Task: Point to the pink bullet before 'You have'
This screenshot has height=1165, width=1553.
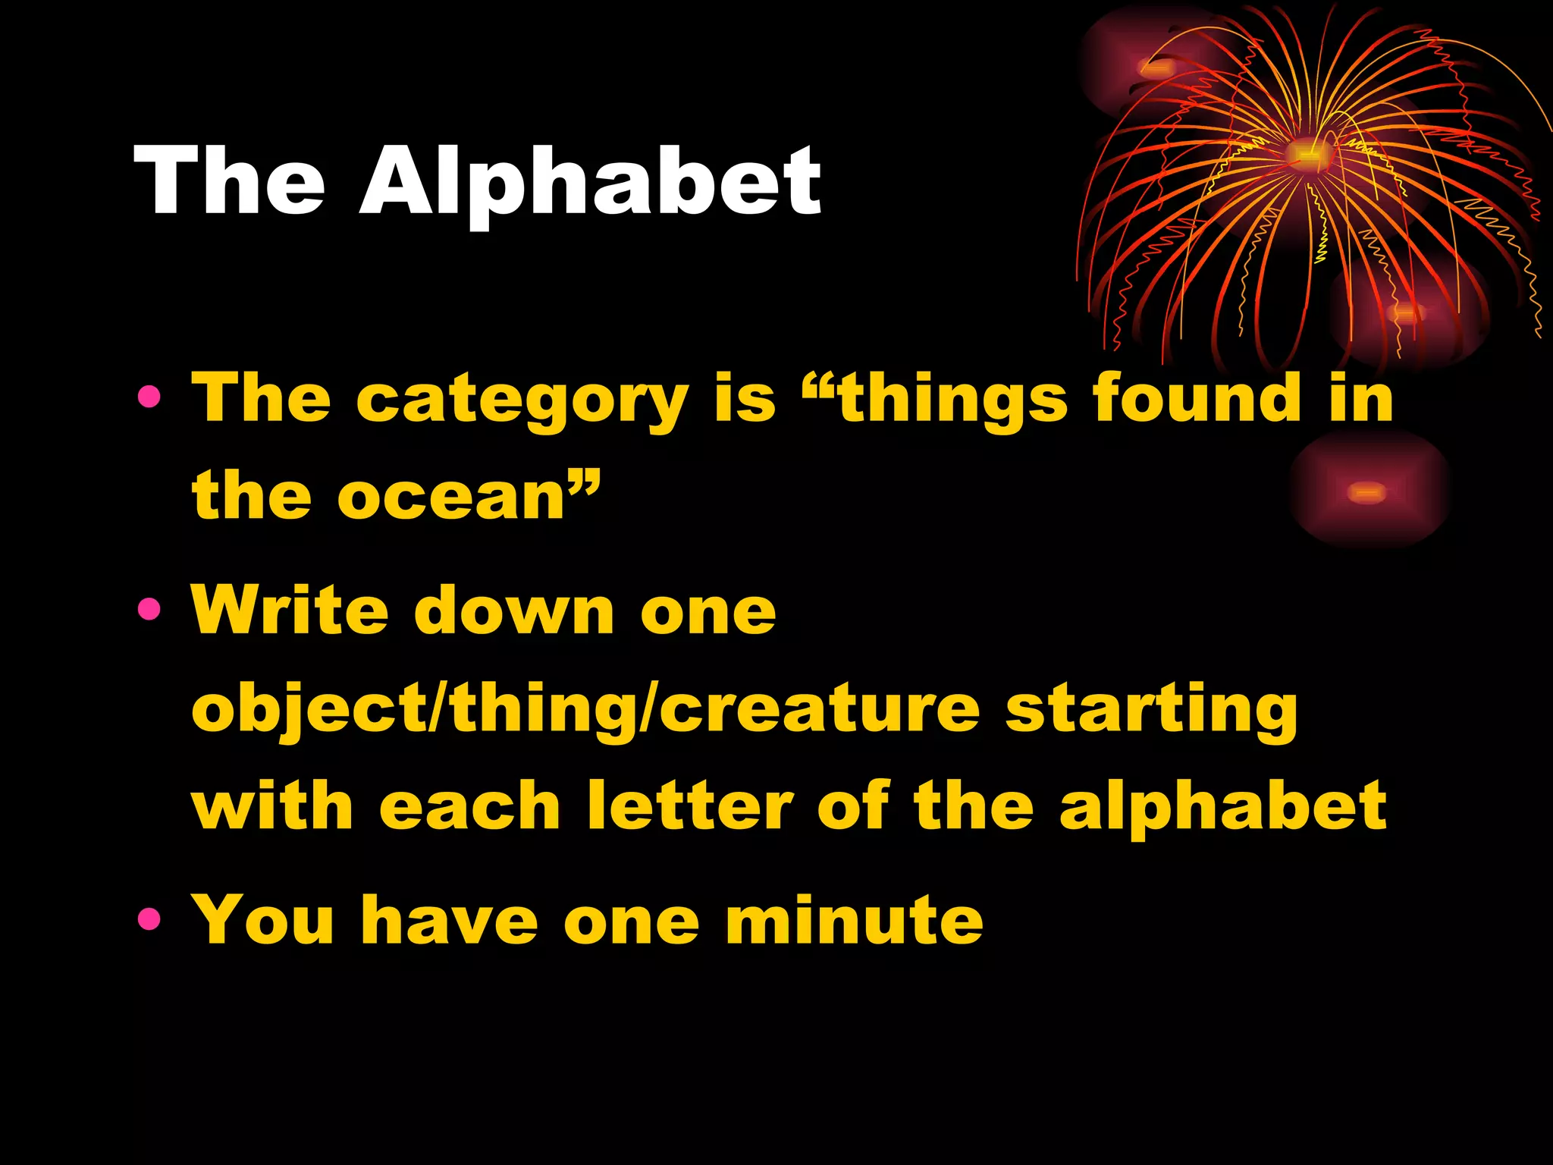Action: click(149, 918)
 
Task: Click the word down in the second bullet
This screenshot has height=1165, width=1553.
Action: click(514, 611)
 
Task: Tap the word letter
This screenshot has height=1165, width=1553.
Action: click(690, 805)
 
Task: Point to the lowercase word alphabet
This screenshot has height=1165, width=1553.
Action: click(1222, 807)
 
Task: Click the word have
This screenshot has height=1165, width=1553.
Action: click(449, 920)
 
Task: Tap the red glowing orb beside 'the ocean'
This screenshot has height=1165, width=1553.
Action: click(1367, 492)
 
